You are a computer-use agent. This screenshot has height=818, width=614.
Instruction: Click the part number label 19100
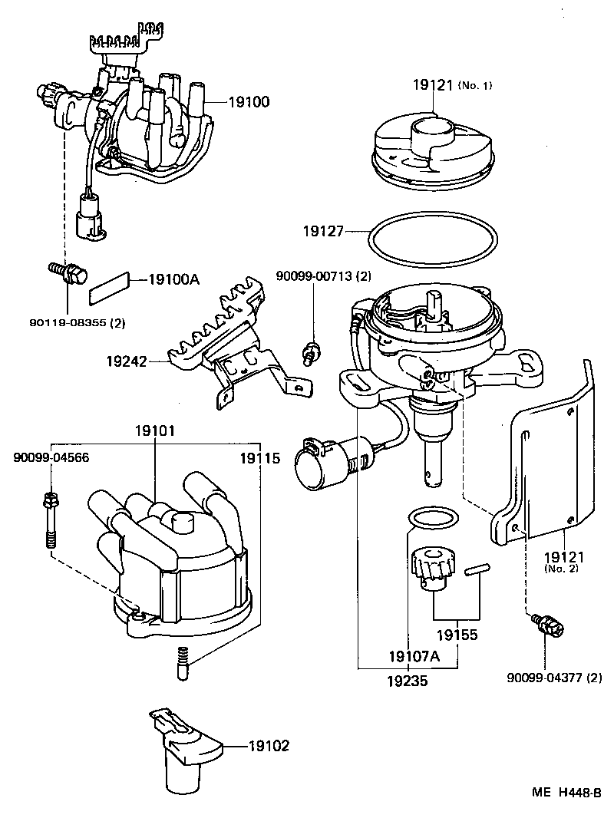pyautogui.click(x=249, y=101)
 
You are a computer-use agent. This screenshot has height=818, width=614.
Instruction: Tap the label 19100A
pyautogui.click(x=173, y=279)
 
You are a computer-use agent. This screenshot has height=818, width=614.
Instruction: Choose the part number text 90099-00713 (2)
pyautogui.click(x=324, y=276)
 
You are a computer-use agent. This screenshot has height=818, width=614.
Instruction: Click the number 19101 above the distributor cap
pyautogui.click(x=155, y=432)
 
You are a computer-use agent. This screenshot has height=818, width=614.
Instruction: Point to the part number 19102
pyautogui.click(x=269, y=744)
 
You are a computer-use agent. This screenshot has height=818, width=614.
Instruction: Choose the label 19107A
pyautogui.click(x=414, y=656)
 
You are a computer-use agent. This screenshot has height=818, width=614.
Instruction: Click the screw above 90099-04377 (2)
pyautogui.click(x=547, y=625)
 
